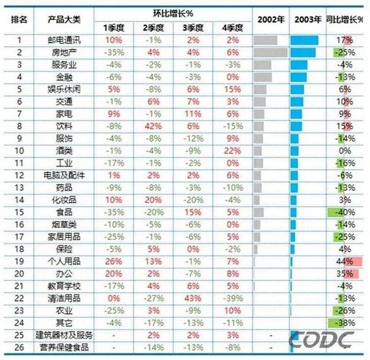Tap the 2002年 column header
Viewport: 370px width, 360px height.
click(x=269, y=22)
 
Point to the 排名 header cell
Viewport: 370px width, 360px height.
click(x=19, y=22)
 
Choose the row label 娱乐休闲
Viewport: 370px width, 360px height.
click(x=60, y=89)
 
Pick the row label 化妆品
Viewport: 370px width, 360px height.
click(x=60, y=199)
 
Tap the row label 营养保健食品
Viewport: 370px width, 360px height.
click(x=60, y=346)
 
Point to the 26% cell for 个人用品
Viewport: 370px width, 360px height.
click(x=113, y=261)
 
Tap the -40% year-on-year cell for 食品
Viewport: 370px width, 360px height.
click(x=346, y=212)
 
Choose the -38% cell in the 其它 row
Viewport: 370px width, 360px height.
click(x=346, y=322)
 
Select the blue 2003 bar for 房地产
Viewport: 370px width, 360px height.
click(x=302, y=52)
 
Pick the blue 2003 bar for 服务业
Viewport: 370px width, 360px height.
click(x=299, y=64)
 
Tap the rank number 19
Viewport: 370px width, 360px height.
click(x=19, y=261)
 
